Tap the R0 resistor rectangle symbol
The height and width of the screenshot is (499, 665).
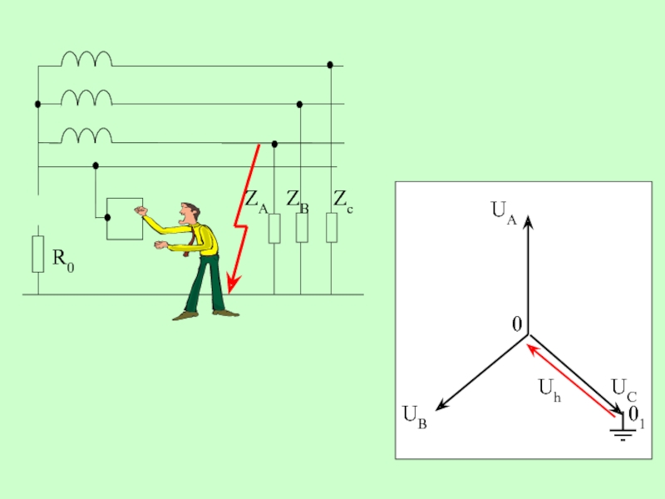tap(37, 254)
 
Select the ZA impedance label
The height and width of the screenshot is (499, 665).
tap(255, 201)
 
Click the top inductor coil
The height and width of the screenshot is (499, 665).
tap(86, 58)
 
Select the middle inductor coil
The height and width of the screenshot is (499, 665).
tap(86, 97)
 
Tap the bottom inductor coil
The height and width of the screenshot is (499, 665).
tap(86, 135)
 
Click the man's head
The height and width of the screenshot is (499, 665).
tap(191, 212)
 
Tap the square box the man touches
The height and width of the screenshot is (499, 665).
tap(125, 219)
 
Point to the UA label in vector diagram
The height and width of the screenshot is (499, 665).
tap(504, 212)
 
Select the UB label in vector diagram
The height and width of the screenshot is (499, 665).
tap(415, 416)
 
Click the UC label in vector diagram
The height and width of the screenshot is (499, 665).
tap(623, 388)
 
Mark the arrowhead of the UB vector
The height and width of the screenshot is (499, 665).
tap(441, 405)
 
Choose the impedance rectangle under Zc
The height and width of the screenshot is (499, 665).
tap(331, 227)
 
